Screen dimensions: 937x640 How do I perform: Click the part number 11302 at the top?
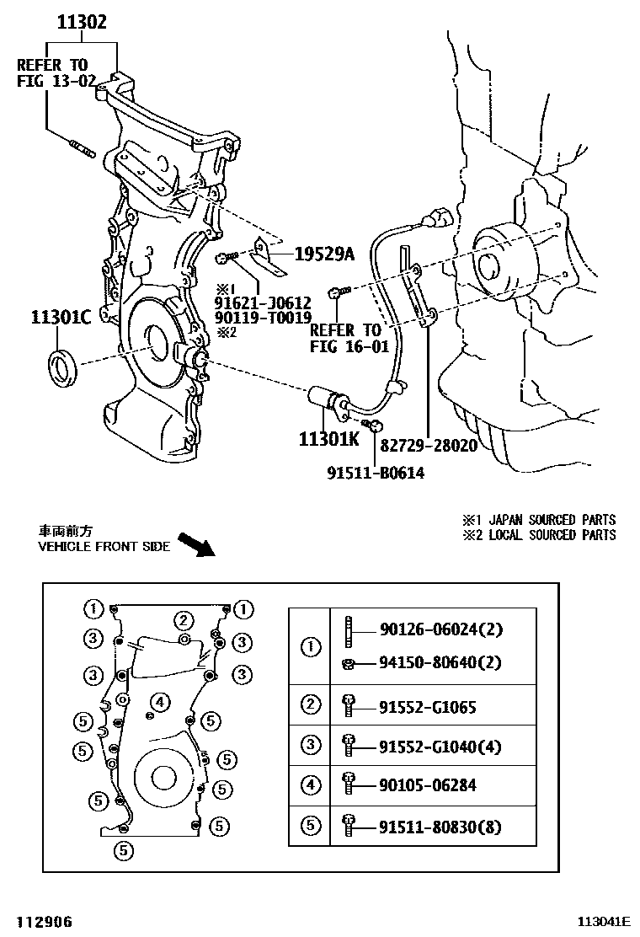click(x=82, y=22)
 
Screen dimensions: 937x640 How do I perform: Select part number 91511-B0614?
click(x=376, y=473)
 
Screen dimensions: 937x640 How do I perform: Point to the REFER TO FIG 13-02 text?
click(x=51, y=73)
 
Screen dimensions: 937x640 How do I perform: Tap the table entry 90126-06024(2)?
click(x=440, y=629)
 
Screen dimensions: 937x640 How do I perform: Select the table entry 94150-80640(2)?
click(x=440, y=663)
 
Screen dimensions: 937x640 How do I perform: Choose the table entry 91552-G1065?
click(x=428, y=707)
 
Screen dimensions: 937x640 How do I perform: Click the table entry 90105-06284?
click(x=428, y=785)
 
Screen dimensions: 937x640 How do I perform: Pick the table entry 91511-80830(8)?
click(x=440, y=827)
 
